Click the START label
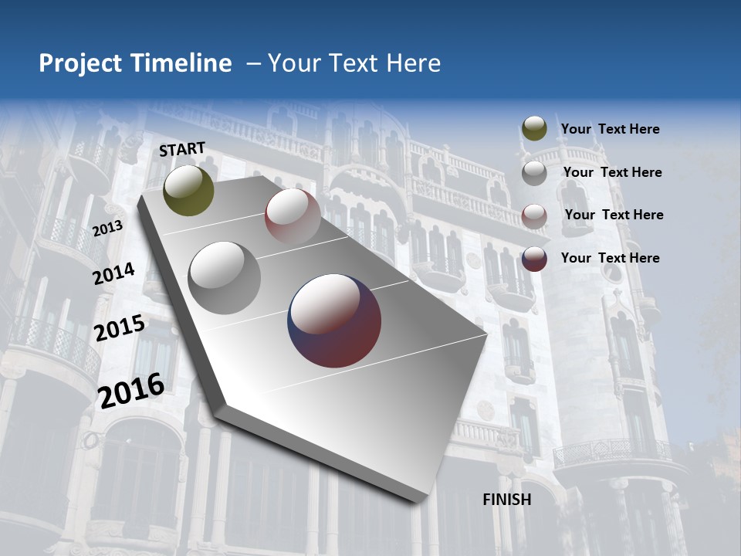pos(182,149)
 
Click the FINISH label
pos(507,500)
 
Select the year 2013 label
pos(107,228)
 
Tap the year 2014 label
pos(113,273)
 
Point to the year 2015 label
pos(120,328)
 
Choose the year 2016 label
pos(131,389)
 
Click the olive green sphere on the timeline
pos(188,190)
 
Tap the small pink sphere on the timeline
pos(293,215)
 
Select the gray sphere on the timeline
pos(225,278)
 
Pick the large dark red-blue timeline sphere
pos(334,320)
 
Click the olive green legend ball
pos(534,129)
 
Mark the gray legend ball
pos(534,172)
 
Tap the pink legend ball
pos(534,215)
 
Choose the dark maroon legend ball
pos(534,259)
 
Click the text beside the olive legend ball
pos(610,129)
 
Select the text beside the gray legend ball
pos(612,172)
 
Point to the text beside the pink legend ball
pos(614,215)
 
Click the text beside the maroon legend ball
pos(610,258)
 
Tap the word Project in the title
pos(80,63)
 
